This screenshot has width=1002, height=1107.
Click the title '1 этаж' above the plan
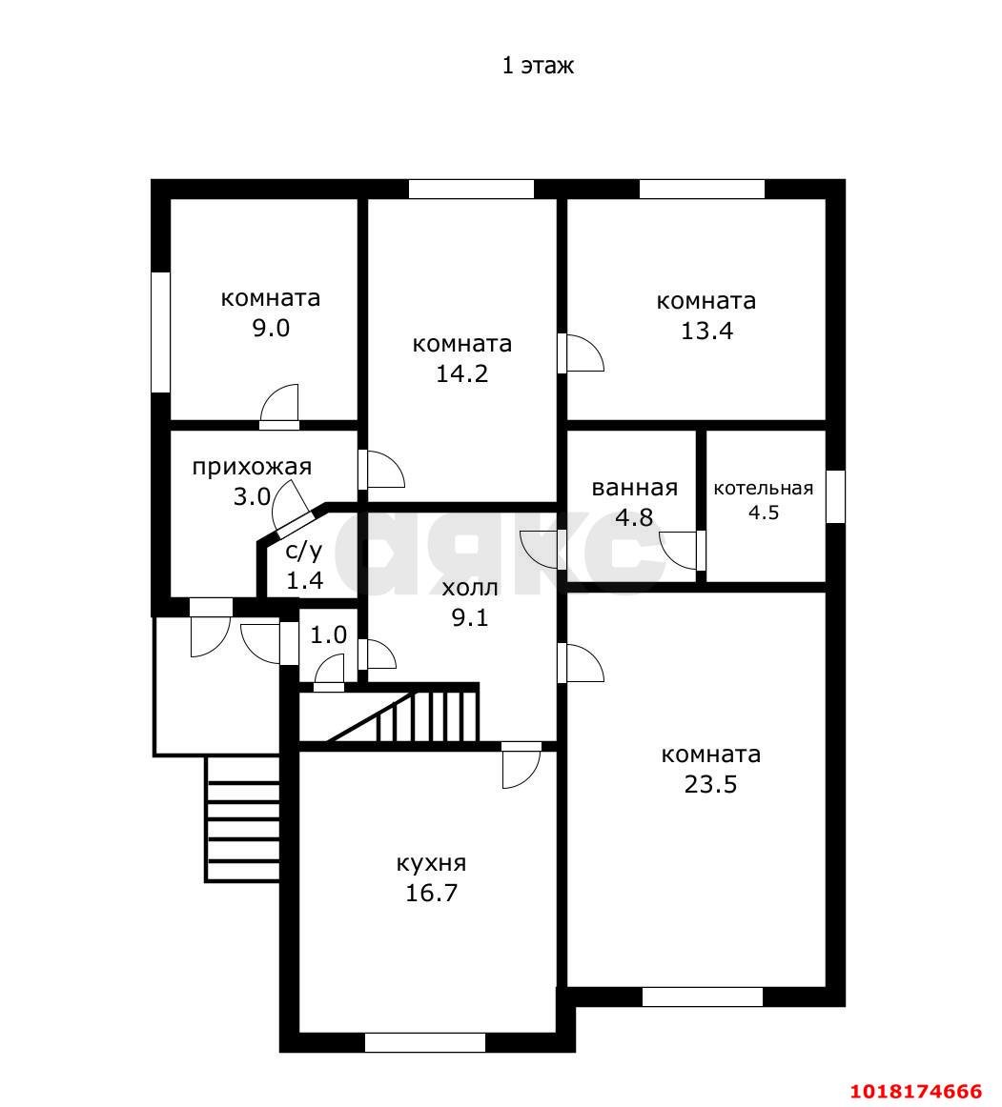(538, 66)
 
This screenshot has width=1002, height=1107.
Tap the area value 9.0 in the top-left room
(272, 329)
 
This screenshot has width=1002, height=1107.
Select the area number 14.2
(462, 373)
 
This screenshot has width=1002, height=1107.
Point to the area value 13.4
(706, 331)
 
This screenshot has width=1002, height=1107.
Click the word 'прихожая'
(253, 468)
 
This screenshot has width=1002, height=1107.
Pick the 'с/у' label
(304, 551)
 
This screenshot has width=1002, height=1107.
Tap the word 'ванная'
(635, 488)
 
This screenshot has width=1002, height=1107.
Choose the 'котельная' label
(763, 489)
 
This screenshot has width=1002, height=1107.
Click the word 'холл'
(470, 588)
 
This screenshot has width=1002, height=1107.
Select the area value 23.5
(711, 784)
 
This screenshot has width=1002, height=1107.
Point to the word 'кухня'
(431, 863)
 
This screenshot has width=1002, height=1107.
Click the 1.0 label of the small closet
(329, 635)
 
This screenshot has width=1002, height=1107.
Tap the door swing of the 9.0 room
(279, 406)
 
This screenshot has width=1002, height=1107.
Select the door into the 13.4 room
(581, 353)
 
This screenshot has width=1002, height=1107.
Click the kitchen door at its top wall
(521, 765)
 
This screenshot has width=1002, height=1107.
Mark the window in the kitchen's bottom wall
(425, 1042)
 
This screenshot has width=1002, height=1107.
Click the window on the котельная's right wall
(836, 496)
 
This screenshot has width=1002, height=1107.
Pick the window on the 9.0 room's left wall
(161, 332)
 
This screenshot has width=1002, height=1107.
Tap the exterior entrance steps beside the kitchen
(242, 819)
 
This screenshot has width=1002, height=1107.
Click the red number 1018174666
(916, 1092)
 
